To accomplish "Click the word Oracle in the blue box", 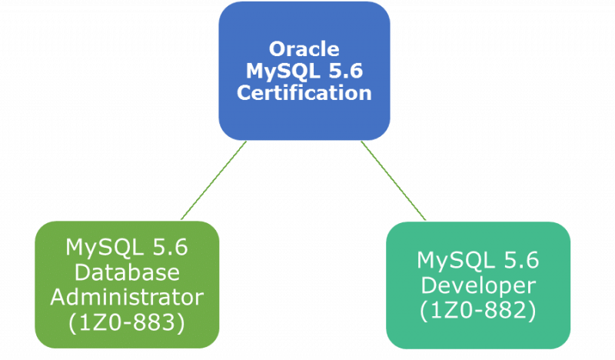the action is pos(304,49).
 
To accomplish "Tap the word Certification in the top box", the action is pos(304,93).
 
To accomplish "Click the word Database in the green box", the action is pos(127,272).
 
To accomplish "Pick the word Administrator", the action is pos(127,297).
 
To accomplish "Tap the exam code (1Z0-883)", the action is pos(127,323).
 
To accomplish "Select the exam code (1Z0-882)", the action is pos(478,311).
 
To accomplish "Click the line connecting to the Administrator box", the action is pos(214,180).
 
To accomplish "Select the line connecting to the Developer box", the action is pos(394,181).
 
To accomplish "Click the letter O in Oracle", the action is pos(277,49).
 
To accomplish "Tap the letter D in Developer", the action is pos(428,285).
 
